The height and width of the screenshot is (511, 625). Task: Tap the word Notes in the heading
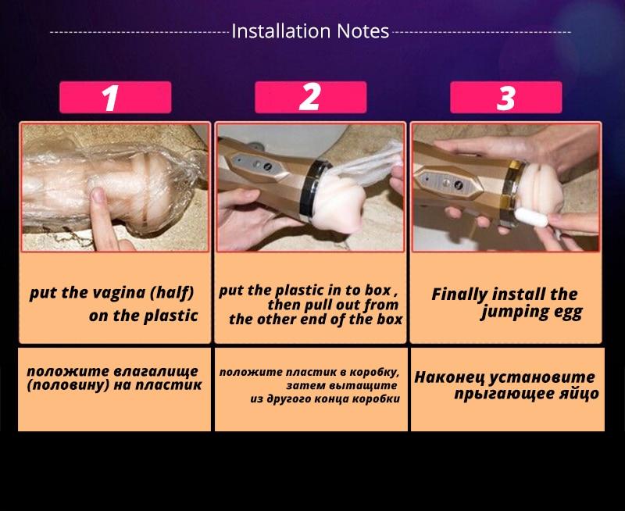point(362,31)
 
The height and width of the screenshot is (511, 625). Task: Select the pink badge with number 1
point(115,97)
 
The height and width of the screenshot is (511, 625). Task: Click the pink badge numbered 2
point(310,97)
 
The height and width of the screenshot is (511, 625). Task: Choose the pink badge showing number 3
point(505,97)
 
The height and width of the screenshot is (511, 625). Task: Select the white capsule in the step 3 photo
point(531,218)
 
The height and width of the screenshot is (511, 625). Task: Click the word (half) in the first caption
point(172,293)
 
